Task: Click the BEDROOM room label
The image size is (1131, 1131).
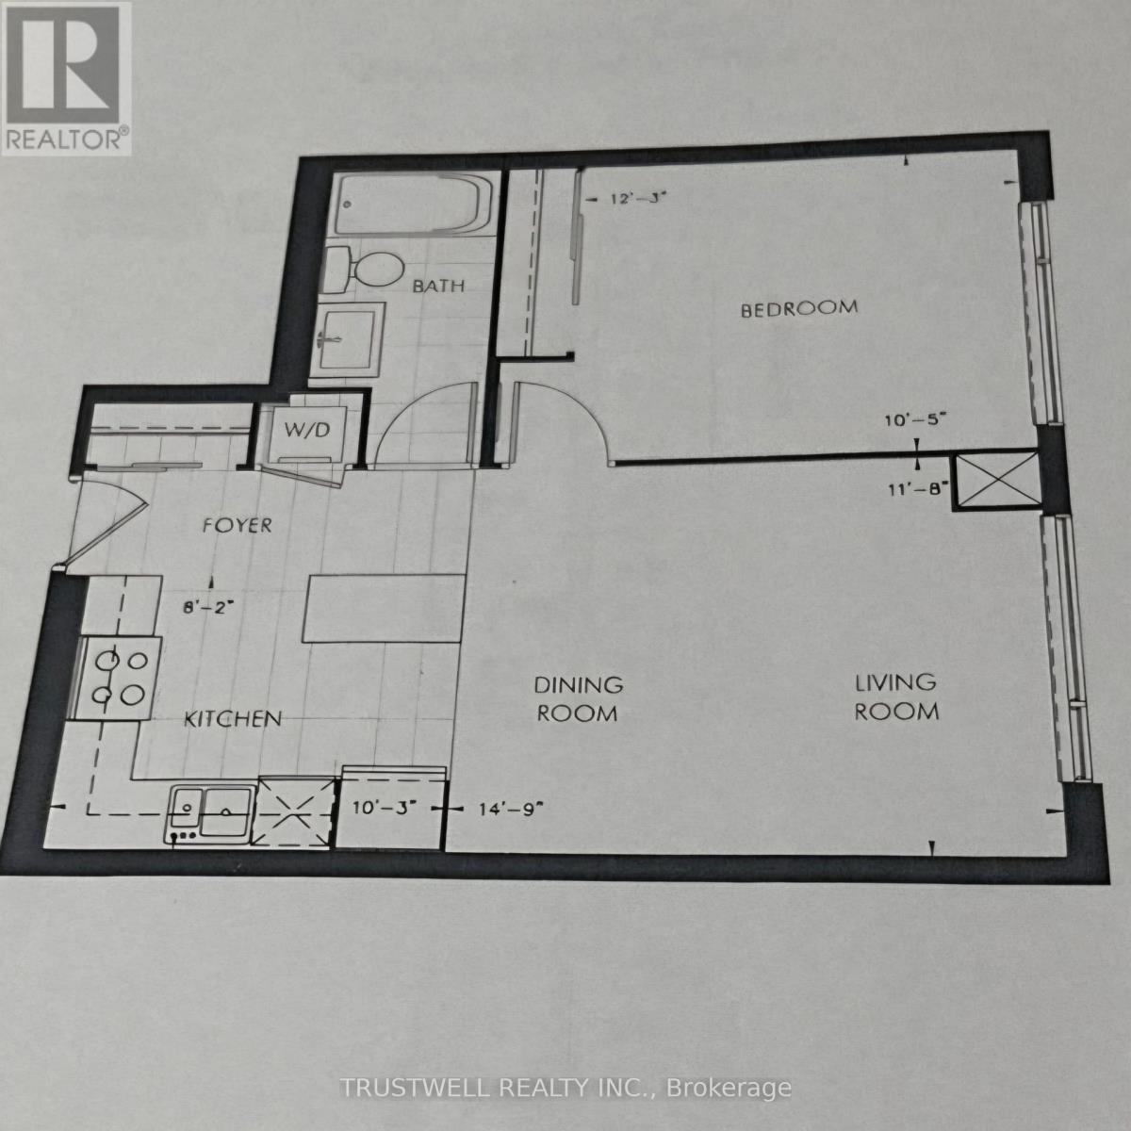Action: pos(799,308)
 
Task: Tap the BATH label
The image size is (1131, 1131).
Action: pos(438,285)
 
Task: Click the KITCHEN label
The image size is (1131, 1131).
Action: pos(232,718)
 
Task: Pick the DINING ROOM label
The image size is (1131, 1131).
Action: pos(578,698)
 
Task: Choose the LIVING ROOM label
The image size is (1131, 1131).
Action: pos(896,697)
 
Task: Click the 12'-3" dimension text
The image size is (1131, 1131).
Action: pos(631,199)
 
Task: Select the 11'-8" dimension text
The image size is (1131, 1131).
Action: pos(916,488)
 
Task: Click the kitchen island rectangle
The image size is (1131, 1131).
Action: pos(384,608)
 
